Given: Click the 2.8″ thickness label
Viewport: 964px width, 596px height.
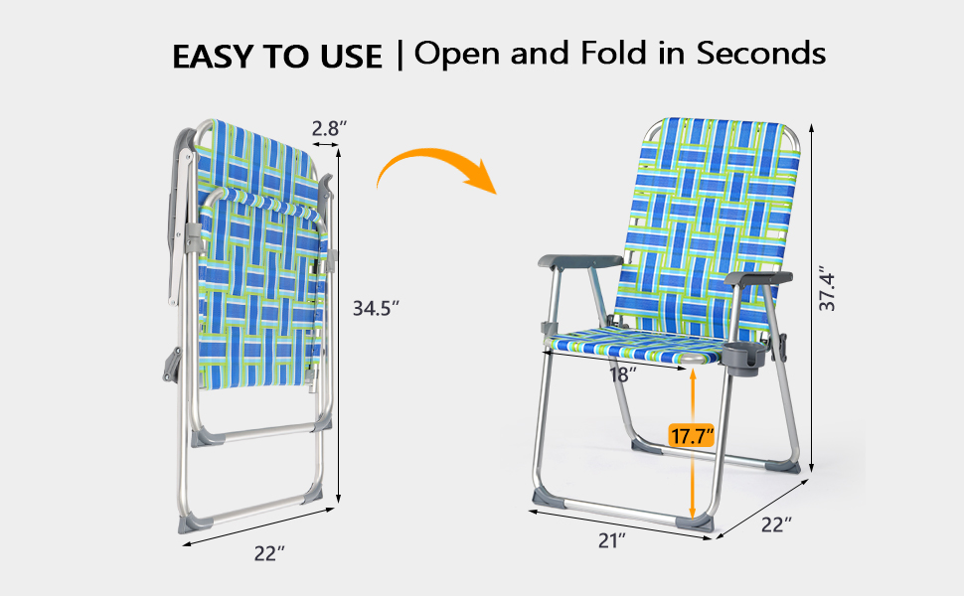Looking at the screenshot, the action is [x=329, y=129].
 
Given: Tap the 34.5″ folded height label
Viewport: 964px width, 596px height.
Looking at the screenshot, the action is [x=376, y=309].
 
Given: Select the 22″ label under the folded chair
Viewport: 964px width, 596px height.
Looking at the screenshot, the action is [x=269, y=553].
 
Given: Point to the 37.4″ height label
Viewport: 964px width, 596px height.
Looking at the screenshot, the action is [x=828, y=291].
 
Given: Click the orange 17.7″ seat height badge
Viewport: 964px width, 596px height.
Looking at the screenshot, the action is [x=692, y=436].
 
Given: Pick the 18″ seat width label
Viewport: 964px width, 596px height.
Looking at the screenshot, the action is [x=622, y=373].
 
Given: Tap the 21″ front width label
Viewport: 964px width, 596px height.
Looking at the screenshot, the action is [x=612, y=540].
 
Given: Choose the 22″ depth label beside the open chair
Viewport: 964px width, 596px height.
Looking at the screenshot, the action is [x=776, y=525].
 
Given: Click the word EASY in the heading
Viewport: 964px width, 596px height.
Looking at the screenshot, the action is [x=212, y=57].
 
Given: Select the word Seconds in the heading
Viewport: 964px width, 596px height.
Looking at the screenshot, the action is [x=761, y=54].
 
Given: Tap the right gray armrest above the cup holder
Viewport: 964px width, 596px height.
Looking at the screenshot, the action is [x=758, y=278].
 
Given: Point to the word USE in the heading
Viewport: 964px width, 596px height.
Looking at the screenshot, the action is [x=351, y=57].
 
